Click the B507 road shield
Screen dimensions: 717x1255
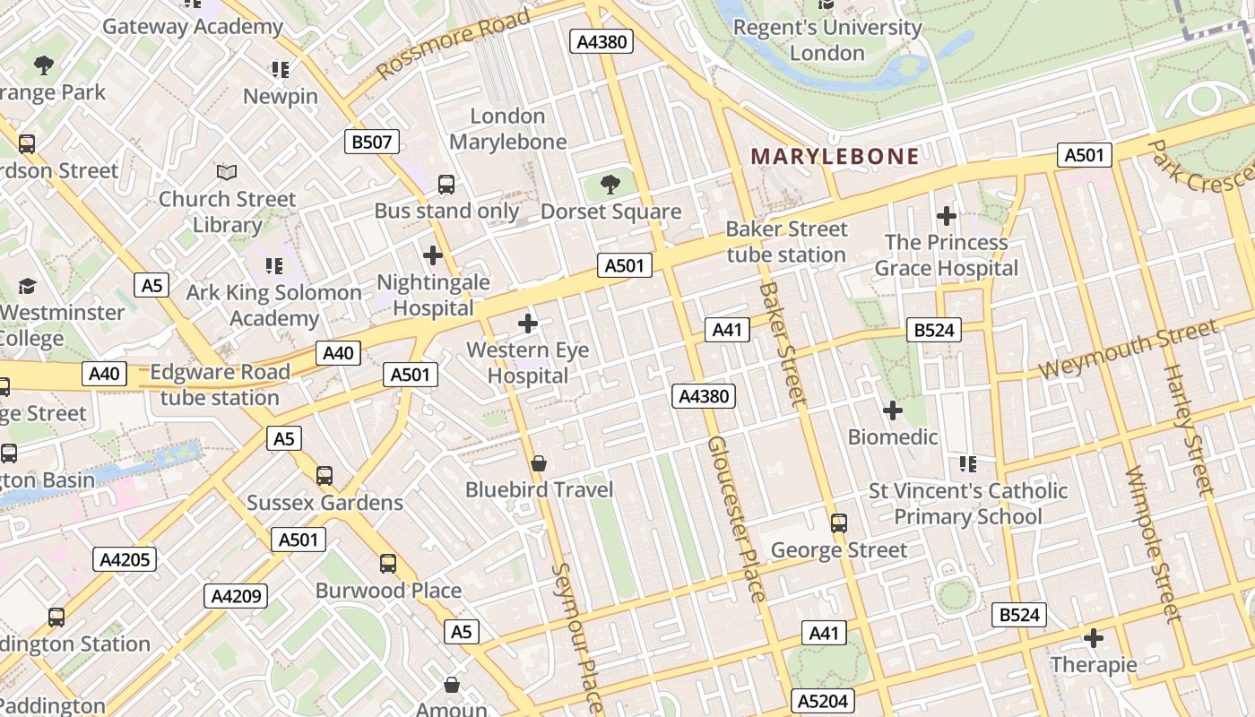click(x=372, y=142)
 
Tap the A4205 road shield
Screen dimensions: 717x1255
click(x=125, y=560)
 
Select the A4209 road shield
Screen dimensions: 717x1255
click(x=236, y=596)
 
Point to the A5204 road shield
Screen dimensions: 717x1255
click(x=823, y=701)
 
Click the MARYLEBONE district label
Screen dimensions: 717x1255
click(x=835, y=157)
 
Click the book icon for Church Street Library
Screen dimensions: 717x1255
click(x=227, y=171)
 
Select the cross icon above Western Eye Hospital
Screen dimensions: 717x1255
click(x=528, y=323)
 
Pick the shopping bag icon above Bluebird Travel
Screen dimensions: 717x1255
click(x=539, y=462)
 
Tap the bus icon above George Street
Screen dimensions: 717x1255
click(x=839, y=523)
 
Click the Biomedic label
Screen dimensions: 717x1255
click(x=893, y=437)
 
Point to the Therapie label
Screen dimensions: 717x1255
click(x=1093, y=665)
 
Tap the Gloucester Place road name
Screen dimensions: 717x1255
click(x=737, y=519)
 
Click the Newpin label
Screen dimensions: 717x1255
click(x=281, y=96)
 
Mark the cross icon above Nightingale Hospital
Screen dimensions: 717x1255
click(x=433, y=255)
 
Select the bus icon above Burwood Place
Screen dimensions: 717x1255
click(x=388, y=563)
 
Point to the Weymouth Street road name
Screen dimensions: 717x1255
click(x=1129, y=350)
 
